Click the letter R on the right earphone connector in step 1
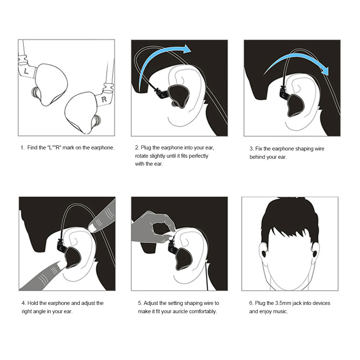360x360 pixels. pyautogui.click(x=104, y=99)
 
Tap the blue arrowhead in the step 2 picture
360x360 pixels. pyautogui.click(x=186, y=49)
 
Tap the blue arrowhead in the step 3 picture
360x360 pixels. pyautogui.click(x=325, y=71)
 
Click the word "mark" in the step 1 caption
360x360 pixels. pyautogui.click(x=68, y=148)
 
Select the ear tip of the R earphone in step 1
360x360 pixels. pyautogui.click(x=96, y=121)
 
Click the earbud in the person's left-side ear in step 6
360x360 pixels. pyautogui.click(x=264, y=254)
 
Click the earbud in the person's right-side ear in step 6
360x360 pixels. pyautogui.click(x=315, y=254)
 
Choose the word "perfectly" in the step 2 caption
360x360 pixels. pyautogui.click(x=198, y=156)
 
